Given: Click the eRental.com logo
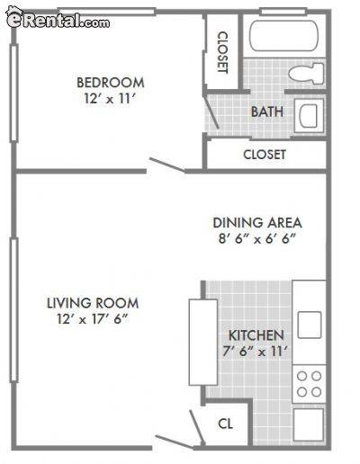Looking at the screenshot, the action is (58, 18).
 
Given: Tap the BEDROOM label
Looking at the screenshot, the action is (111, 83).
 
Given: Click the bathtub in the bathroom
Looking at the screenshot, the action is (283, 36).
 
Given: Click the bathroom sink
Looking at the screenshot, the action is (309, 116).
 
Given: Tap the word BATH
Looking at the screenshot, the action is (267, 112).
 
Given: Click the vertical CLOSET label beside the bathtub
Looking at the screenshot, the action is (222, 52).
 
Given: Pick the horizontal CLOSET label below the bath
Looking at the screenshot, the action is (265, 155).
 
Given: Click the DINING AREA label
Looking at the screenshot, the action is (257, 223).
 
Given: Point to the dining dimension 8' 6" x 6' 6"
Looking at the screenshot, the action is (257, 239).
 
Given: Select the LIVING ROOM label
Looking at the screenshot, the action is (93, 303).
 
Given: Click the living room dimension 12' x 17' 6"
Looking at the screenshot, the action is (93, 319).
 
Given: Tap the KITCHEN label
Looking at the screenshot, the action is (256, 335).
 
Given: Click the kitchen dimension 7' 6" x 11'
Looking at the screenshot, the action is (256, 352).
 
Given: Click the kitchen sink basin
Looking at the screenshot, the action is (310, 325).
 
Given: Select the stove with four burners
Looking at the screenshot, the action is (309, 384).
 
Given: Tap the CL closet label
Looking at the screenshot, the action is (225, 424).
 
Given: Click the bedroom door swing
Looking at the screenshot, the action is (167, 165).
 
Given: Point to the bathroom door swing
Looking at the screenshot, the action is (211, 112).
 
